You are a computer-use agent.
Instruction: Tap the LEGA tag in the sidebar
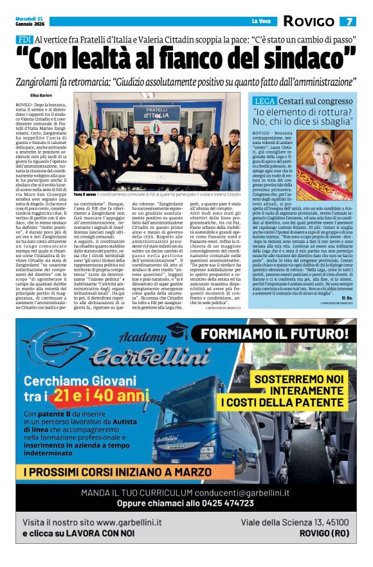(265, 102)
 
